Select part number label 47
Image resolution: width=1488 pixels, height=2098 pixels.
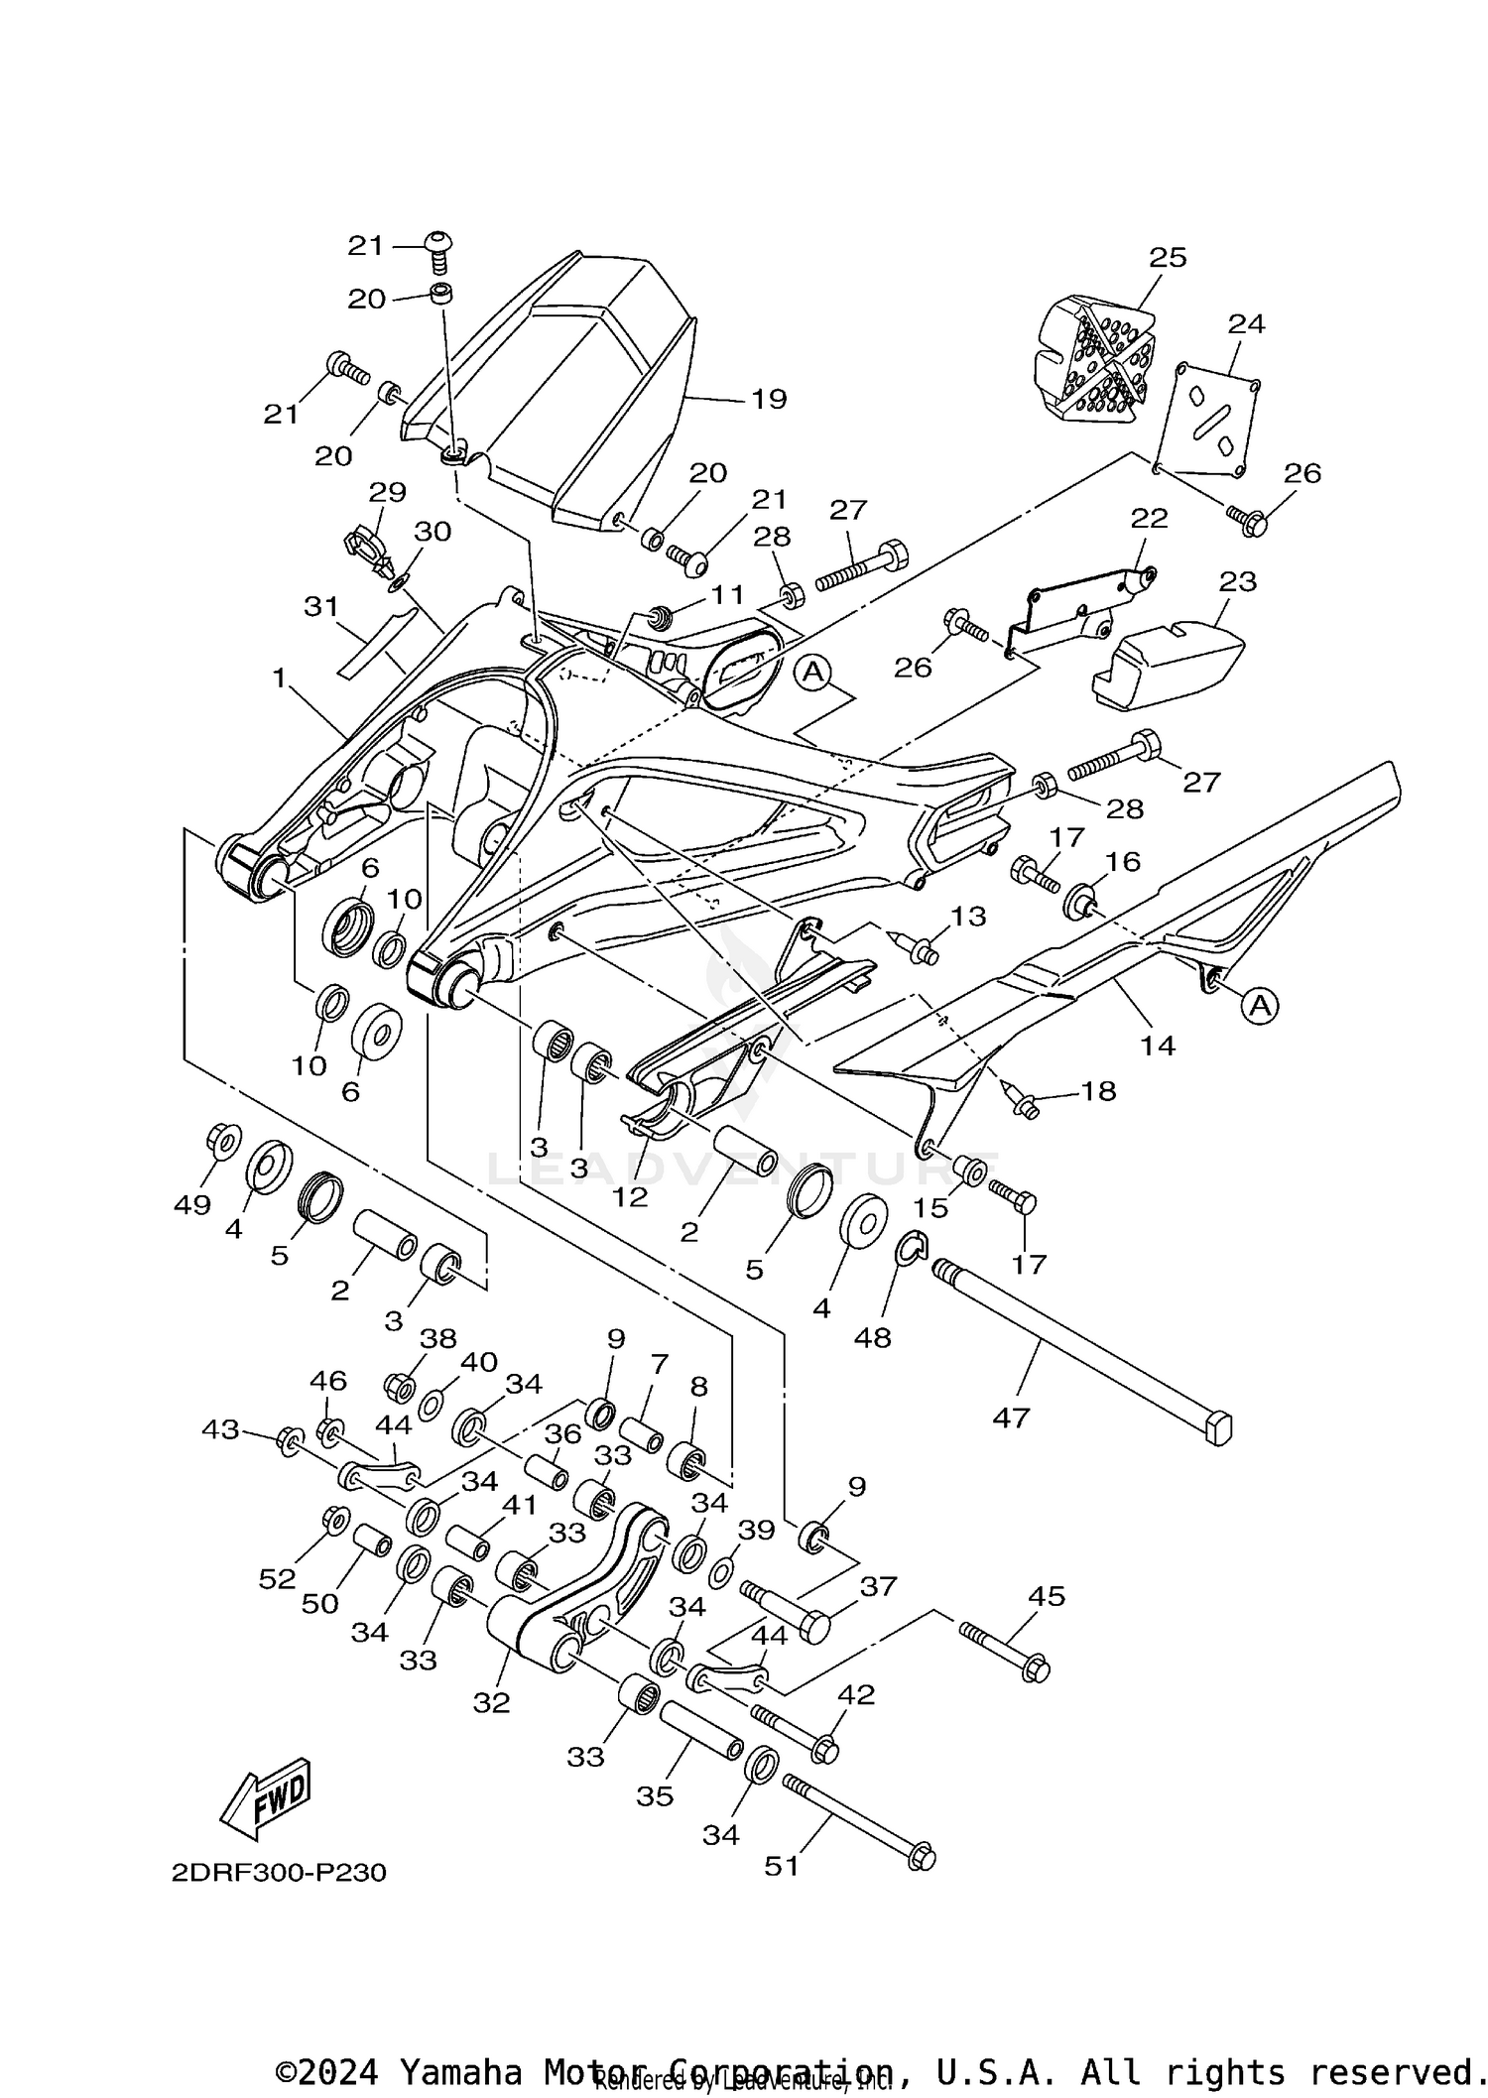point(1011,1419)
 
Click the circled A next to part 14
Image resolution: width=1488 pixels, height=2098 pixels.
point(1259,1006)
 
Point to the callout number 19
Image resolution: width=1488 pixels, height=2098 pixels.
point(769,399)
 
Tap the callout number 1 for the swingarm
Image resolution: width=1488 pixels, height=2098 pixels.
point(280,679)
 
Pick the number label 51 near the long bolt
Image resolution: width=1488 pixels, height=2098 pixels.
point(782,1866)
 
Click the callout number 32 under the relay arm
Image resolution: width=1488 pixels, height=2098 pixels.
point(491,1702)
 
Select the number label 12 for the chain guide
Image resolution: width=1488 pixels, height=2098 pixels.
point(629,1196)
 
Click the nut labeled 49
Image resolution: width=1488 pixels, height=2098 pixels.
point(221,1140)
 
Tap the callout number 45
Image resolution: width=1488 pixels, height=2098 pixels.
point(1047,1596)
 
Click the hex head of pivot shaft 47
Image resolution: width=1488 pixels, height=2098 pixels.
point(1217,1429)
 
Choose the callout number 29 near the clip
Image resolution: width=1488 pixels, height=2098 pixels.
point(388,492)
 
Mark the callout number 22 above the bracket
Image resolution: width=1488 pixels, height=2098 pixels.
point(1149,518)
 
